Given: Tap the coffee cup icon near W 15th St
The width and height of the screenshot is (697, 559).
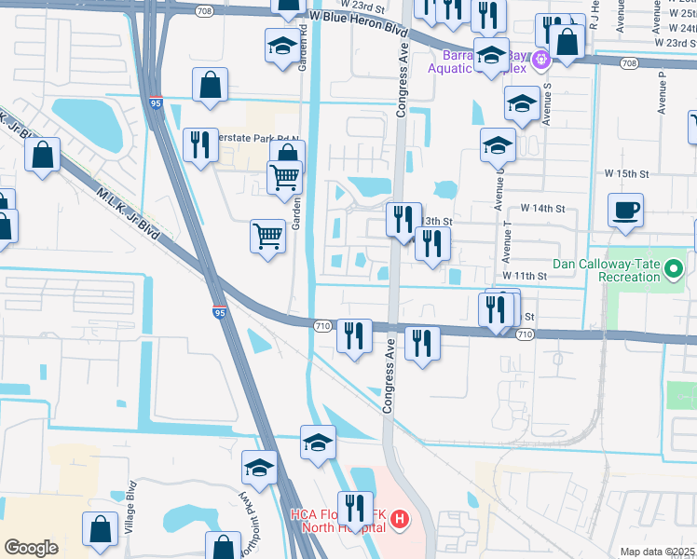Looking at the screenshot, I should click(x=625, y=209).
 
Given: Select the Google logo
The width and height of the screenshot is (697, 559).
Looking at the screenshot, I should click(x=31, y=548).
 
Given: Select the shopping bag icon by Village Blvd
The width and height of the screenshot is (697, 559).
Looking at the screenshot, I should click(x=100, y=528).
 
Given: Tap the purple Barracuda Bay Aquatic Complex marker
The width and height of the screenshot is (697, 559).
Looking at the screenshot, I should click(x=540, y=60).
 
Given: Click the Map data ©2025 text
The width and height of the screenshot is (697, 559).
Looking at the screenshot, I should click(x=657, y=552).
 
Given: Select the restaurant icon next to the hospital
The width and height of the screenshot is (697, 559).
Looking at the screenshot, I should click(x=355, y=508).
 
